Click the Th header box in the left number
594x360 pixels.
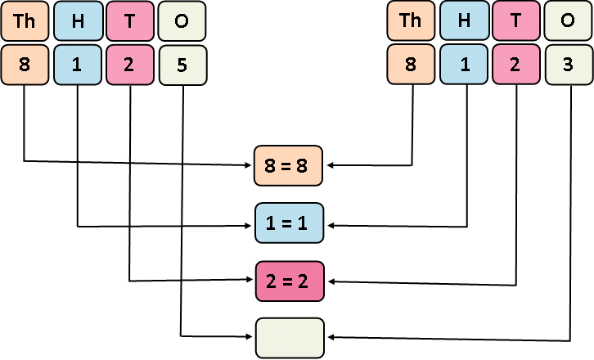[25, 21]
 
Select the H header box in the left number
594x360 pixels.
[77, 21]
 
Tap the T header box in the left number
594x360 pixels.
[129, 21]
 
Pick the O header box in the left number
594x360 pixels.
[182, 21]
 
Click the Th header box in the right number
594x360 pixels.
[411, 21]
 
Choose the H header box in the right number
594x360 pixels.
[464, 21]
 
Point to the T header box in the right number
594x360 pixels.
[516, 21]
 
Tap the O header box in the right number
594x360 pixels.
[569, 21]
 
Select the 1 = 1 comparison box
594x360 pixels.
[290, 223]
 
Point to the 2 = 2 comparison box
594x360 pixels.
[290, 281]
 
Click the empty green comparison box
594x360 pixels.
[290, 337]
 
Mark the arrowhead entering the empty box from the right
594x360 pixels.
[331, 338]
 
